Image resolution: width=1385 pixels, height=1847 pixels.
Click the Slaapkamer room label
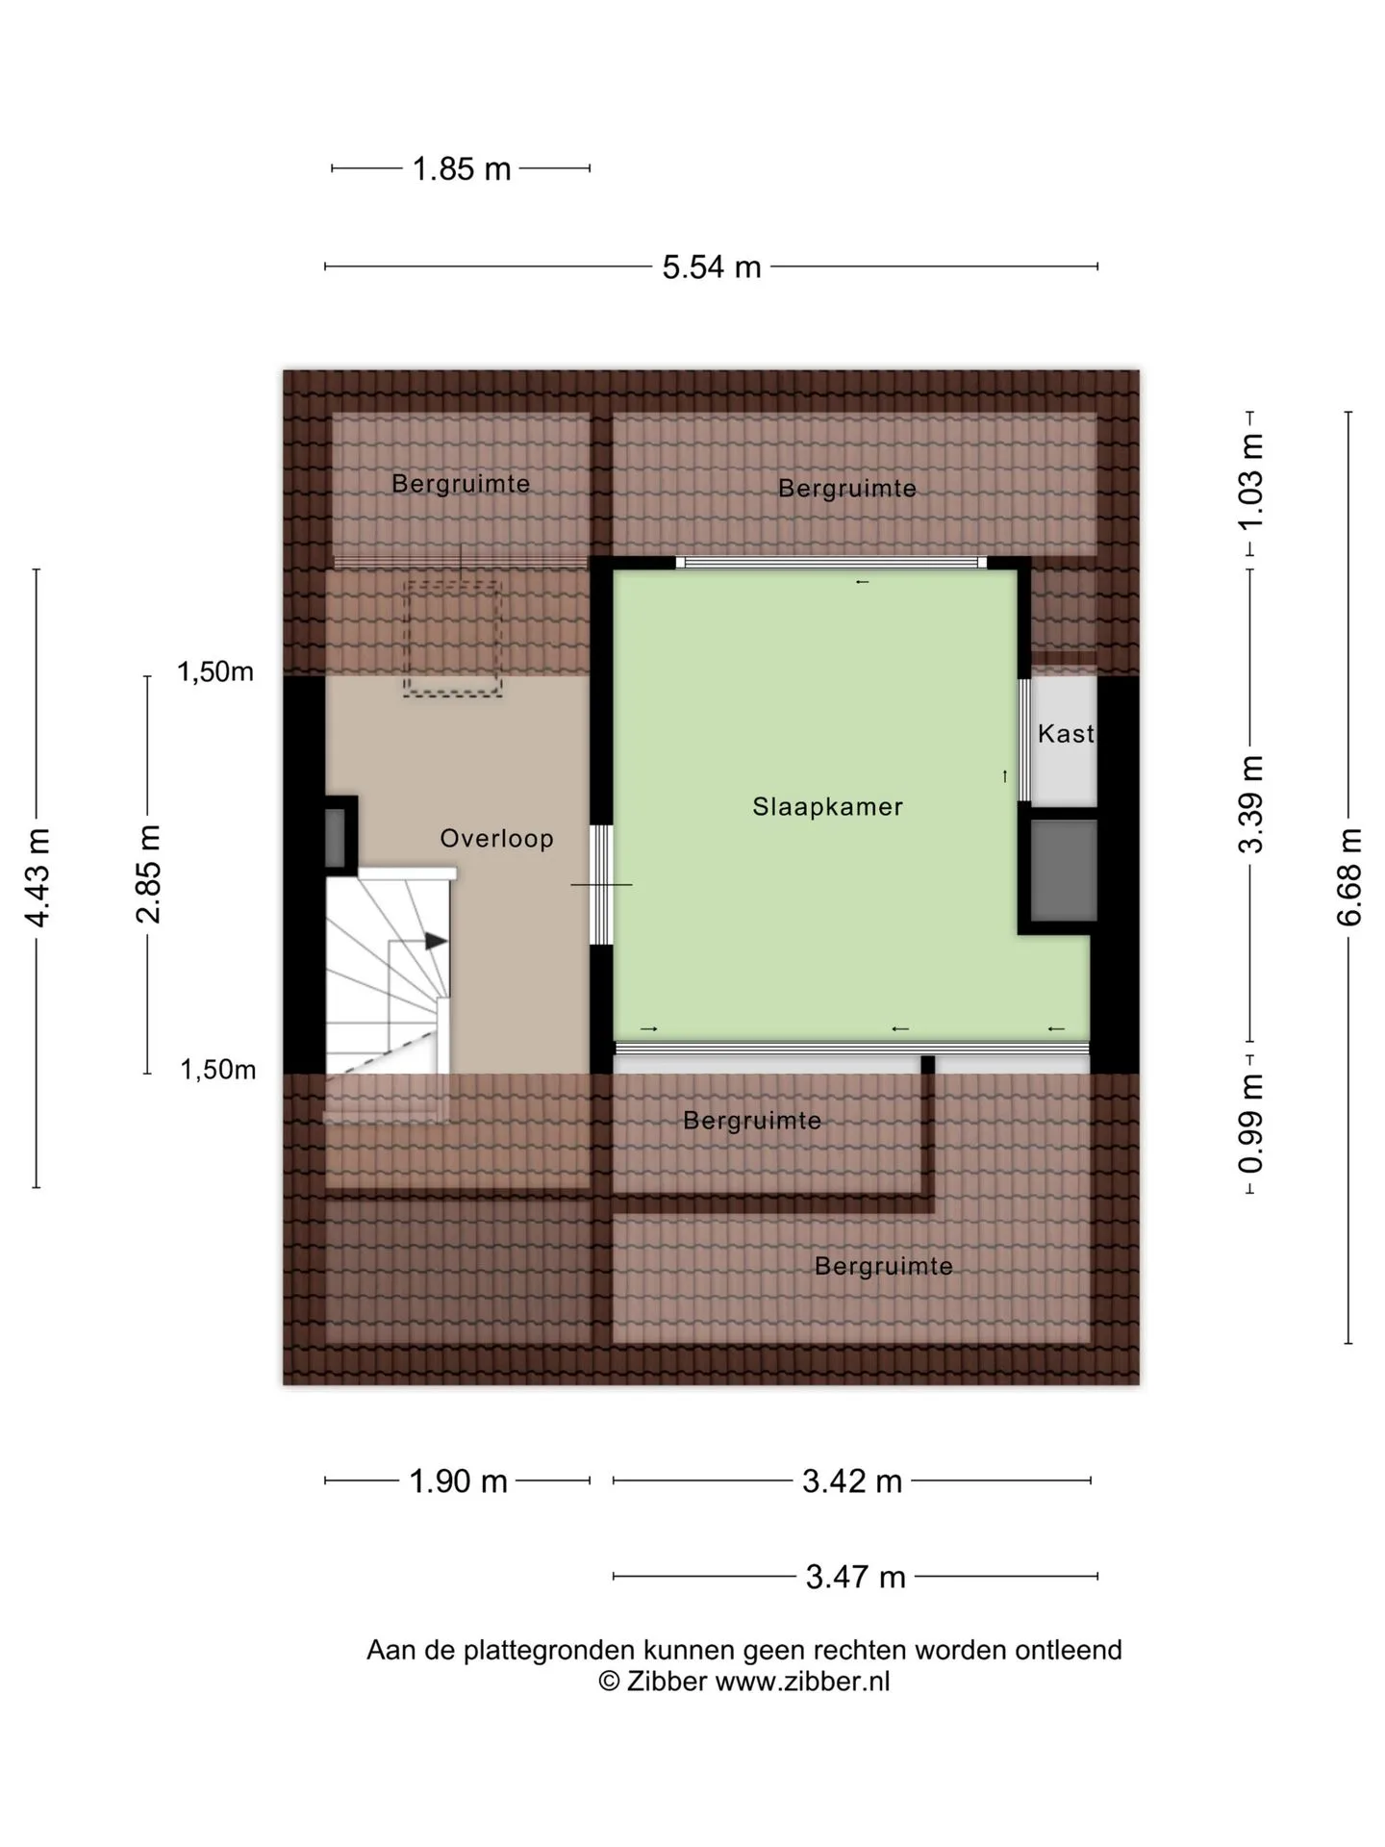(827, 806)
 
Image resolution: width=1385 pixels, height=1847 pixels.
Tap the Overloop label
(496, 838)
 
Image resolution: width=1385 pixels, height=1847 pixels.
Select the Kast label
(1066, 734)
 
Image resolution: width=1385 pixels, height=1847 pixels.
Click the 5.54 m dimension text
(712, 266)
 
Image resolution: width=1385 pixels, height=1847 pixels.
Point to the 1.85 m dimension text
(462, 169)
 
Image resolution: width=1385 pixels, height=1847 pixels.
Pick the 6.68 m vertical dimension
(1349, 876)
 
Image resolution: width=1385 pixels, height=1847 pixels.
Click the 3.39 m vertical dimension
(1250, 804)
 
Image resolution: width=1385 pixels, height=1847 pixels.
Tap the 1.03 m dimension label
(1250, 481)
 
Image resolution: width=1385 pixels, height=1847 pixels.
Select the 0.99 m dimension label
(1250, 1125)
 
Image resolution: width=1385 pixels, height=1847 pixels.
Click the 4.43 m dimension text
(38, 877)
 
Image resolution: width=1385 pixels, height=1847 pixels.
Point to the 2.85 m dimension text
(148, 873)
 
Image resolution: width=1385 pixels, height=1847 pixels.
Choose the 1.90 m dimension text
(459, 1480)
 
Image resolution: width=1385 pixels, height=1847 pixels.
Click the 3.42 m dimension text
(852, 1480)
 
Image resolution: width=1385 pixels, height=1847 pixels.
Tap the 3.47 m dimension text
(856, 1577)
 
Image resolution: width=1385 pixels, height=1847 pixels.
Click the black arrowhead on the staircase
(437, 941)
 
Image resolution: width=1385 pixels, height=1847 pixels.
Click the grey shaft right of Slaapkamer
(1064, 871)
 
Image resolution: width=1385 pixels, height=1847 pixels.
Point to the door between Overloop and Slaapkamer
(602, 884)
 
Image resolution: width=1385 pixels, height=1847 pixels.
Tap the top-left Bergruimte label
(461, 483)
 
